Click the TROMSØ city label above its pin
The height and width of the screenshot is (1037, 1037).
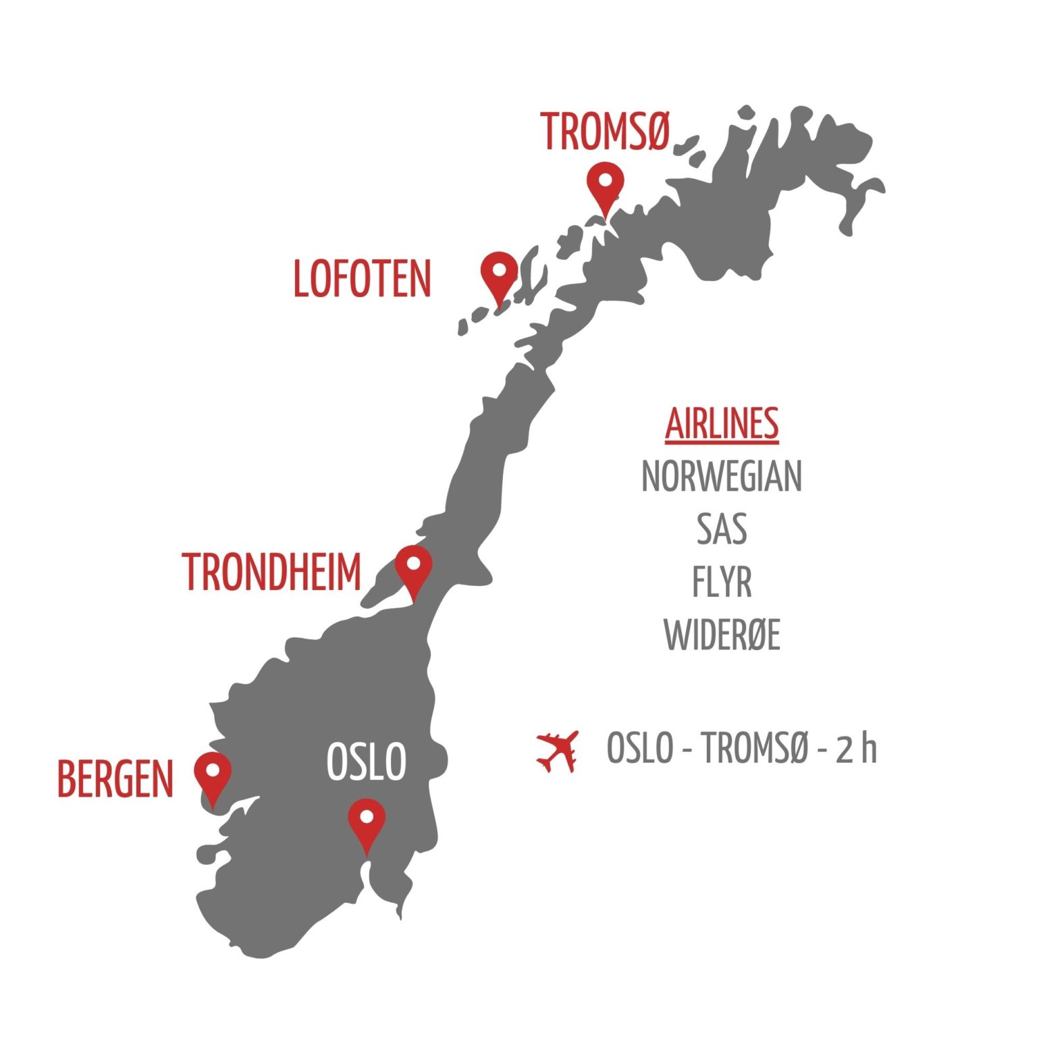[x=604, y=132]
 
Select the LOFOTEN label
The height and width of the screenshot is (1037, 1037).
[x=362, y=279]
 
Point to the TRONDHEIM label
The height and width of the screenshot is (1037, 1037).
[x=272, y=572]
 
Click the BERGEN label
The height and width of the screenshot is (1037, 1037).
[x=115, y=779]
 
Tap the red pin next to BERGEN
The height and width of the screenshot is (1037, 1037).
[x=213, y=774]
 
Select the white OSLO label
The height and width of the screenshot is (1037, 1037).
[x=366, y=762]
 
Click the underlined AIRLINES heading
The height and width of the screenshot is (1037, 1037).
[x=722, y=424]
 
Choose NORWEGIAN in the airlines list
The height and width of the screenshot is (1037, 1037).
[x=722, y=476]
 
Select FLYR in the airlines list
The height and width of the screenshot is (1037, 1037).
[x=722, y=581]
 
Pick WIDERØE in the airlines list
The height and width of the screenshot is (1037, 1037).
[x=722, y=635]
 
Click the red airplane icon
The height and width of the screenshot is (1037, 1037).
[x=558, y=750]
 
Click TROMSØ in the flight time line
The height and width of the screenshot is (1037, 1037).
[x=754, y=748]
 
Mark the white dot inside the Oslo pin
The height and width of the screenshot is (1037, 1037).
[x=367, y=817]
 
